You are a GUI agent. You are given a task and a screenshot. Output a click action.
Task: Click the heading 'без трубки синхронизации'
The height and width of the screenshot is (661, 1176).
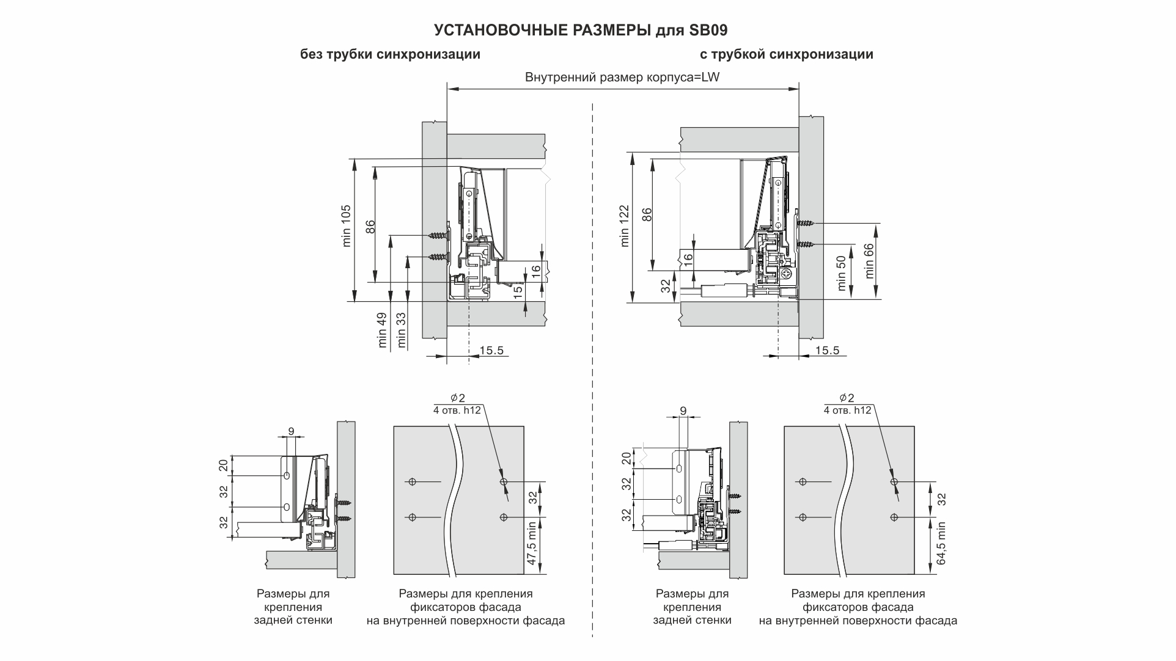tap(390, 54)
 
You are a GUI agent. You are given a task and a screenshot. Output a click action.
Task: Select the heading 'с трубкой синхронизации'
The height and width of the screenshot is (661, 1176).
tap(786, 54)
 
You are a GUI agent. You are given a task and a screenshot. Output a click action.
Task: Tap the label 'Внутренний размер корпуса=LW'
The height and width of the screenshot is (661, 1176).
tap(622, 78)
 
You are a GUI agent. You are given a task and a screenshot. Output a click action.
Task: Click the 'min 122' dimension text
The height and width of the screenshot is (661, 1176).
tap(624, 226)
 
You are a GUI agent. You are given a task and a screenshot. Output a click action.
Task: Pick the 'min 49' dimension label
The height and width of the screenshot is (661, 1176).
tap(383, 330)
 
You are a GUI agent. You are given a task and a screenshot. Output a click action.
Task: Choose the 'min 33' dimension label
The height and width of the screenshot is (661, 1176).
tap(401, 330)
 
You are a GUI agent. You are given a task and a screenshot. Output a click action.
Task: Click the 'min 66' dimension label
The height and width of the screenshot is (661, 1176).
tap(869, 261)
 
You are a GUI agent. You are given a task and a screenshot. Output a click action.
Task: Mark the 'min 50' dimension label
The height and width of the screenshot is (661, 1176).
tap(842, 273)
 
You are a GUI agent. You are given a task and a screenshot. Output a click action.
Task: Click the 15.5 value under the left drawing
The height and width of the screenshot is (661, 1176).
tap(491, 350)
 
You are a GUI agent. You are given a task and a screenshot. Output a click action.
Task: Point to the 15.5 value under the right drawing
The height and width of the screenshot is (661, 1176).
tap(827, 350)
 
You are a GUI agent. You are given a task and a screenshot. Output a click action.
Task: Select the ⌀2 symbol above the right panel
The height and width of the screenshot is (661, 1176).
tap(847, 397)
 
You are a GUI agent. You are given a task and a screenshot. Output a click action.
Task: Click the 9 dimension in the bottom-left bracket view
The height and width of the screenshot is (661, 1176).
tap(291, 431)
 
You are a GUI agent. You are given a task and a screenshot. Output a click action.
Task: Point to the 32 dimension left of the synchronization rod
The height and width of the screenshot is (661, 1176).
tap(666, 286)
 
